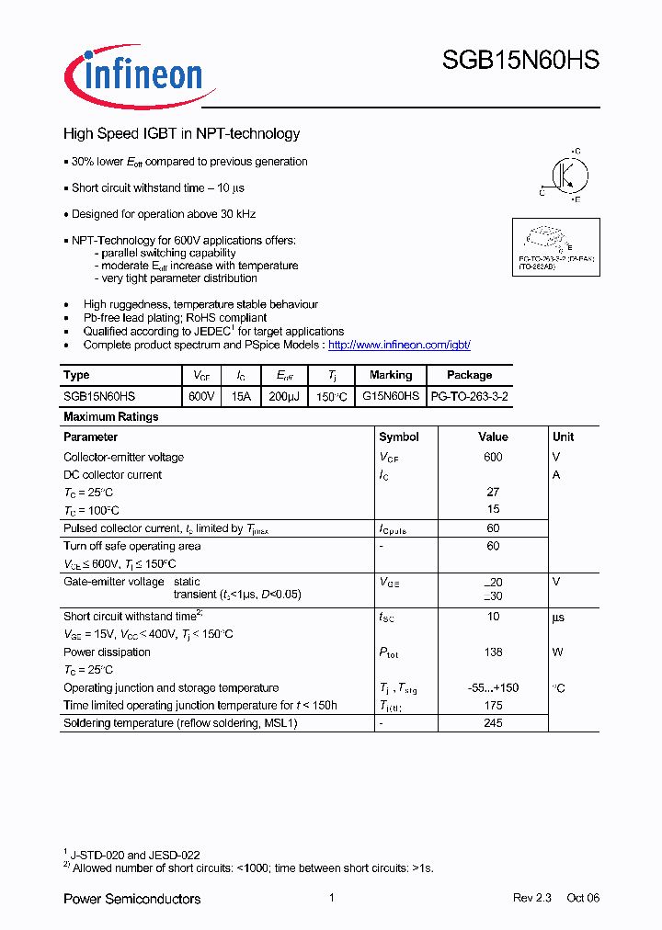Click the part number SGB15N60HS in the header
[x=520, y=61]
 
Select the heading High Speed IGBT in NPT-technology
[x=181, y=134]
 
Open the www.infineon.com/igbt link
[x=399, y=345]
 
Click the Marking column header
[x=391, y=375]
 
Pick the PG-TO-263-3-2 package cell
[x=469, y=396]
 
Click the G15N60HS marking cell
[x=391, y=396]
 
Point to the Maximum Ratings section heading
[x=110, y=417]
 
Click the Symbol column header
[x=398, y=437]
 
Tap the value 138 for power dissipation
[x=493, y=652]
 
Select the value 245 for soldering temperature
[x=493, y=723]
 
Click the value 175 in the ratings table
[x=493, y=706]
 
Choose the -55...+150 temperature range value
[x=493, y=688]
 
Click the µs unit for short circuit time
[x=558, y=617]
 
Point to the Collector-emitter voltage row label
[x=123, y=458]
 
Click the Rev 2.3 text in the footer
[x=531, y=898]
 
